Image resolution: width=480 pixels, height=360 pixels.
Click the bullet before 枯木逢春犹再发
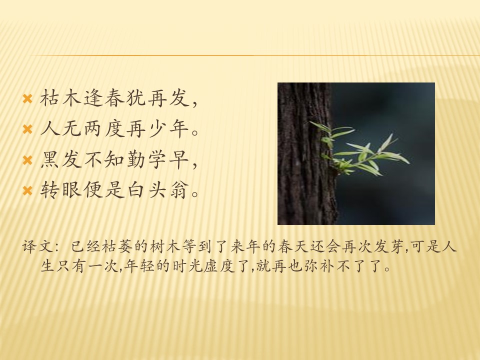[x=27, y=98]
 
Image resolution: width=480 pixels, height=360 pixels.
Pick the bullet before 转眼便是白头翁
[x=27, y=191]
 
